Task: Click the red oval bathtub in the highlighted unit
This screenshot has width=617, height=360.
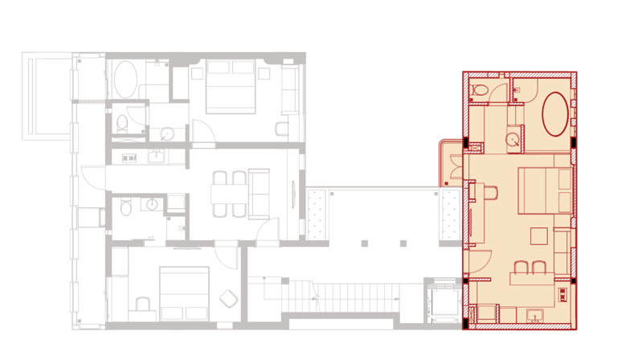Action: [556, 112]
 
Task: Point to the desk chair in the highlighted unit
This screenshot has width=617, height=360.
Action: [491, 194]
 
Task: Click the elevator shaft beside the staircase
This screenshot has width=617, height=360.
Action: [443, 302]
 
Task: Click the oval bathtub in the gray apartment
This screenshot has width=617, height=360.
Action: [125, 80]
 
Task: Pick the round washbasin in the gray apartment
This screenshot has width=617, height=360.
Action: [167, 134]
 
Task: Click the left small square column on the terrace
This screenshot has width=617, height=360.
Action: [364, 243]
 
